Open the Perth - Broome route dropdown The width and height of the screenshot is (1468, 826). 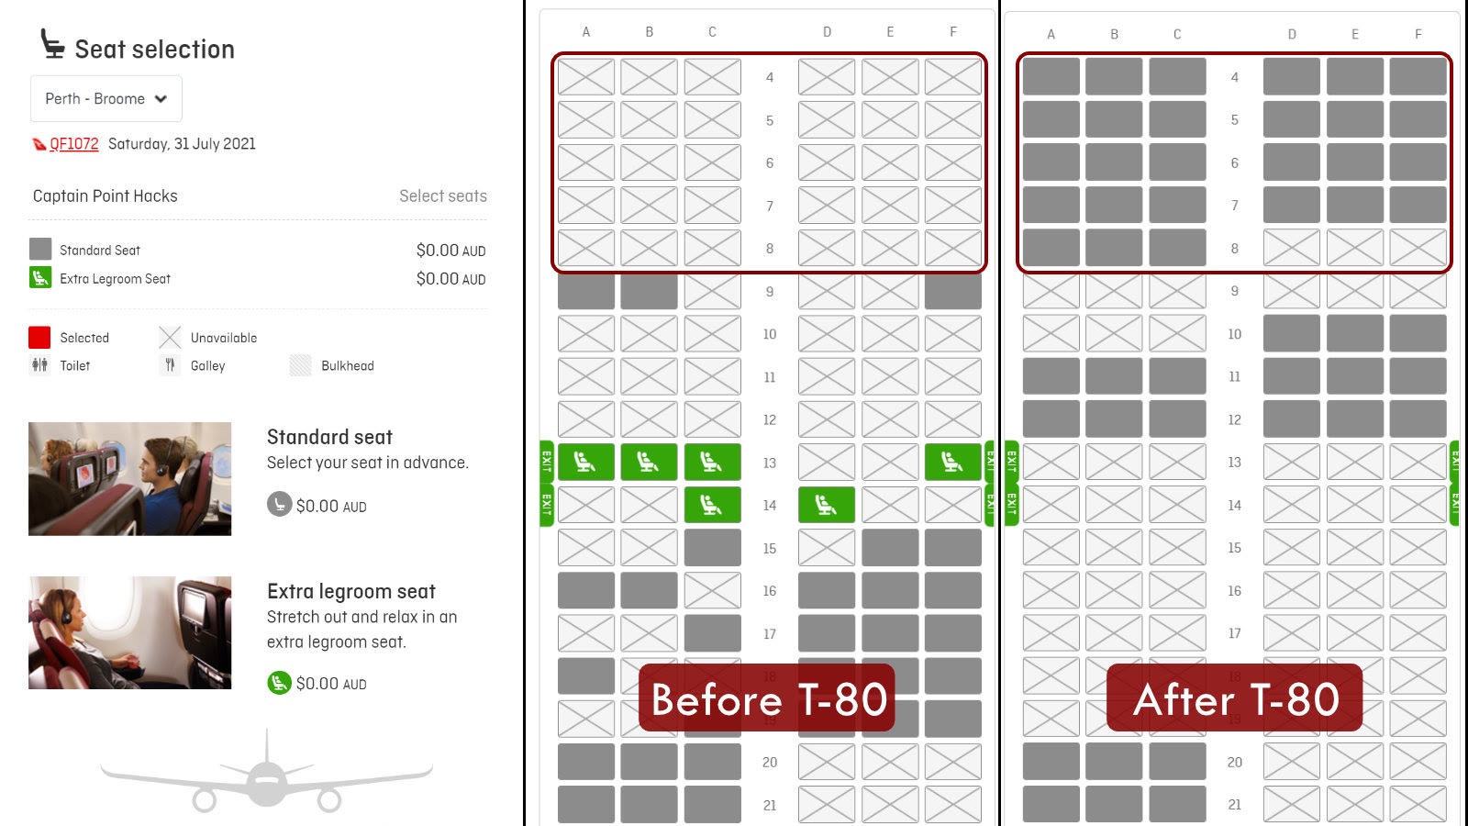[x=106, y=99]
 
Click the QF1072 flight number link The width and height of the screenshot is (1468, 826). [x=74, y=143]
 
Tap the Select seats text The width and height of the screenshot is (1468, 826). [x=443, y=196]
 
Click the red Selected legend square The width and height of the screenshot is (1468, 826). [x=39, y=337]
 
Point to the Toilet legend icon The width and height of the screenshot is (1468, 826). [x=40, y=365]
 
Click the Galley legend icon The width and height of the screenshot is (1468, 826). [x=170, y=365]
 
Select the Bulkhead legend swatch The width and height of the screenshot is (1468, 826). [x=300, y=365]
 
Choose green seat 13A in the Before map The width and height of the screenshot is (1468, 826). [x=586, y=463]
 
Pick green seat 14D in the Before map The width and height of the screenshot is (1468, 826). [x=827, y=505]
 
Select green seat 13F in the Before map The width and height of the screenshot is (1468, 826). [x=953, y=463]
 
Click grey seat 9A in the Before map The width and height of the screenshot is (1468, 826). [x=586, y=291]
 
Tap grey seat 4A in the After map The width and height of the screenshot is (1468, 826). [x=1051, y=77]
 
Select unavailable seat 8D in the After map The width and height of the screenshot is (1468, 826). [x=1291, y=248]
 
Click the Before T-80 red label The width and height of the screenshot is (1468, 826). [x=767, y=698]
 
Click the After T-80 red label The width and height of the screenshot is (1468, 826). [x=1234, y=698]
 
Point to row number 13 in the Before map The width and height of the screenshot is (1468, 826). [x=770, y=463]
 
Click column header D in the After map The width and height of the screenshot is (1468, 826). [x=1291, y=34]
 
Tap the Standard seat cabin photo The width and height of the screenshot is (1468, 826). [x=129, y=478]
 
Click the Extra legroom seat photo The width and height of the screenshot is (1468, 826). [x=129, y=632]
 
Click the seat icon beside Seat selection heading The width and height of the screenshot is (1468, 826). [x=52, y=44]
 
